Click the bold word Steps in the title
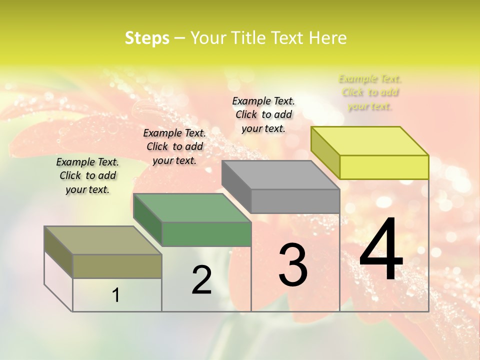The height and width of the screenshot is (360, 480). click(x=146, y=38)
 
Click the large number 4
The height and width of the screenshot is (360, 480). click(x=381, y=250)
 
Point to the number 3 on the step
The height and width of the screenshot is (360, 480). click(x=293, y=265)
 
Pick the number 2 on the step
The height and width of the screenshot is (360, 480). click(x=201, y=280)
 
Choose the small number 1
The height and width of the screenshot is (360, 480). click(x=116, y=295)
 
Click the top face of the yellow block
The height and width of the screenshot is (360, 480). click(x=369, y=141)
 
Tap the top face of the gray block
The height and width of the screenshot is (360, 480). click(x=280, y=175)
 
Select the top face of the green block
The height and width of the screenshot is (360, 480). click(x=191, y=208)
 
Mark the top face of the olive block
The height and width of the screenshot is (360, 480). click(x=102, y=240)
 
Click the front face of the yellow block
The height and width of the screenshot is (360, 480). click(x=384, y=167)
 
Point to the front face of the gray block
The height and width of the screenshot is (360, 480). click(x=295, y=201)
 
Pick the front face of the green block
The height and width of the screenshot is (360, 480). click(x=206, y=234)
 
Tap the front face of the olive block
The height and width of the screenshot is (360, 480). click(x=117, y=266)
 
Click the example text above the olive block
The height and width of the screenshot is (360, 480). click(x=87, y=175)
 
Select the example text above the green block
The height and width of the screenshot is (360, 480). click(x=174, y=146)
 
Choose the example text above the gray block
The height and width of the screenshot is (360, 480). click(x=263, y=114)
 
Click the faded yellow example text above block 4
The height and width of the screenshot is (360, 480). click(x=370, y=92)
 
